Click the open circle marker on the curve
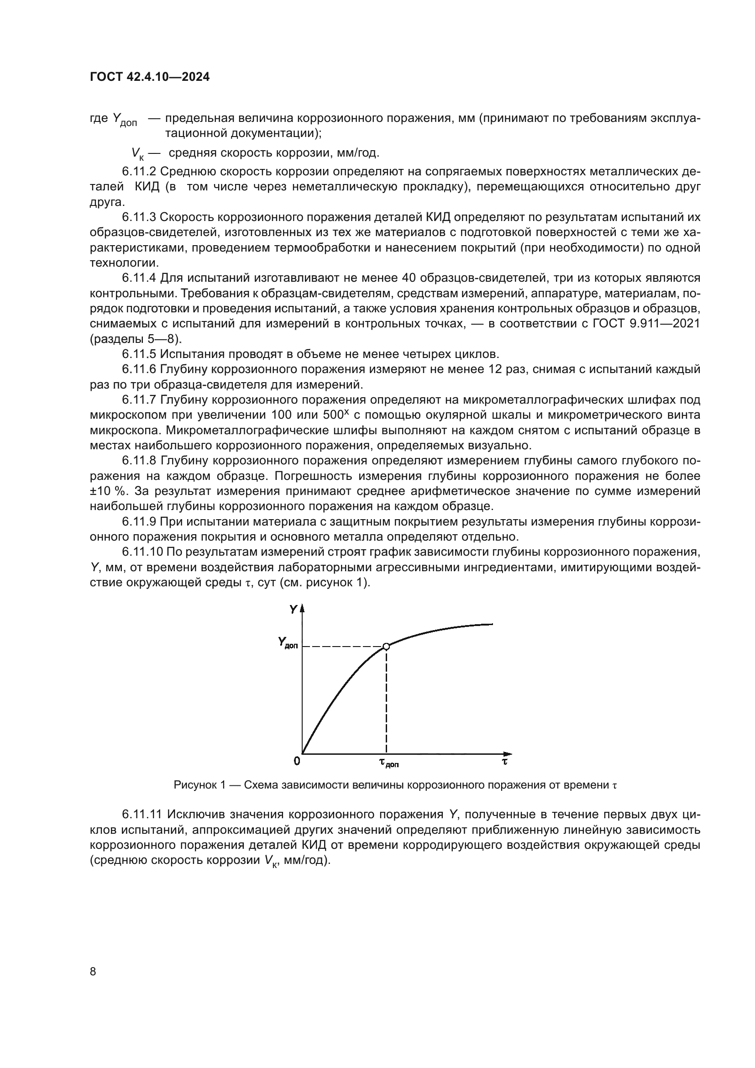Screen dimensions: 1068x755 pos(386,646)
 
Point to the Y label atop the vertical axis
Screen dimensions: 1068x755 pos(293,609)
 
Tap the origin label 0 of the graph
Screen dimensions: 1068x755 pos(297,761)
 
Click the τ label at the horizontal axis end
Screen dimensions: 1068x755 pos(504,761)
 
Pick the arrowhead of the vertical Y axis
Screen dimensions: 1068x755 pos(303,608)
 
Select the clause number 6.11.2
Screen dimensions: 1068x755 pos(140,172)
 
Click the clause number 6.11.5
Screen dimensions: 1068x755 pos(140,354)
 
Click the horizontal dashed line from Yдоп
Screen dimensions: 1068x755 pos(344,647)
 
